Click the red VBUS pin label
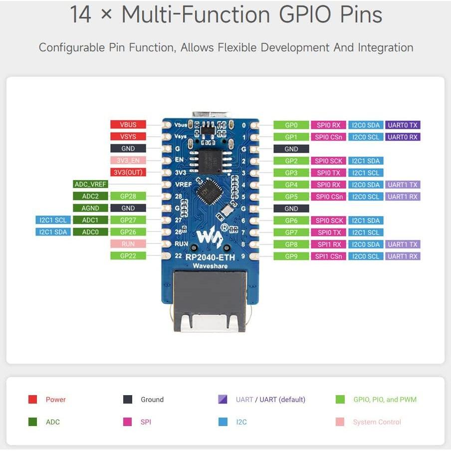coord(128,125)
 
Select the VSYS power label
coord(128,137)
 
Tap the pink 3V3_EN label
coord(128,161)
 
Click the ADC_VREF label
coord(90,185)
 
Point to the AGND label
coord(90,208)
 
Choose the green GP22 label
coord(128,255)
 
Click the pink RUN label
coord(128,244)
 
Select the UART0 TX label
coord(403,125)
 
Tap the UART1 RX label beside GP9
coord(403,256)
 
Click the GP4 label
coord(291,185)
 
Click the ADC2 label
coord(90,197)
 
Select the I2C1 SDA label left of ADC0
coord(53,232)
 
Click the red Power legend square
coord(33,400)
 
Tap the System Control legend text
coord(377,422)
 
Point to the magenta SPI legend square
coord(128,422)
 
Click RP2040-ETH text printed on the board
coord(211,257)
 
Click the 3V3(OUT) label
coord(128,173)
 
